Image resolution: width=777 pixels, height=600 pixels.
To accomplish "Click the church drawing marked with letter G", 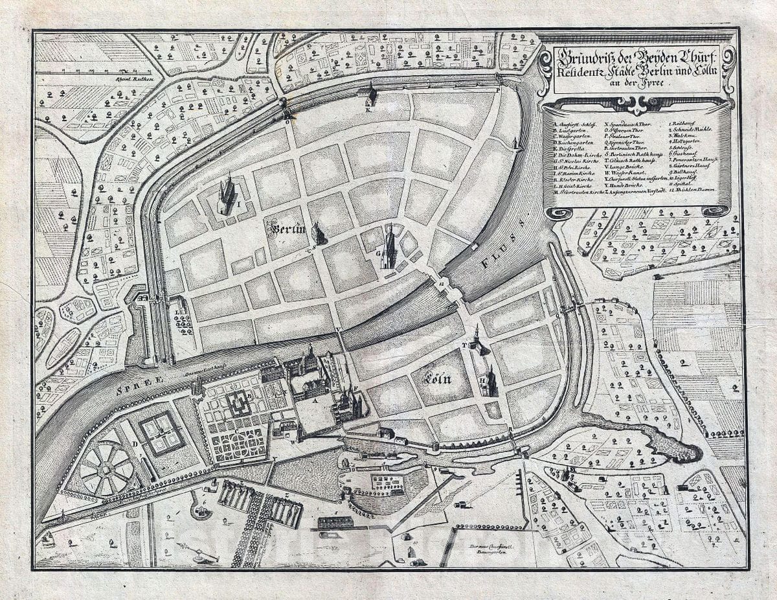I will click(388, 248).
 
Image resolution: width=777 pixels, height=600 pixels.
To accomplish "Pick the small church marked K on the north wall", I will click(371, 96).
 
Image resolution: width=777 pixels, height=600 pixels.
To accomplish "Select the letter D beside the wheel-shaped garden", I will click(135, 443).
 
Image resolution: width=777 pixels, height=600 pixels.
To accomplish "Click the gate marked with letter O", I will click(287, 114).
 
